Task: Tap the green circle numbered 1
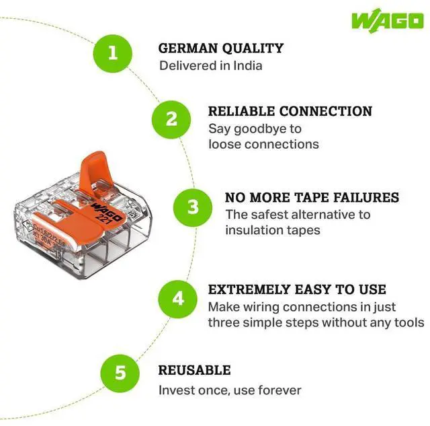tap(112, 53)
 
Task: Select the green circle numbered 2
tap(171, 118)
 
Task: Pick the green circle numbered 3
tap(193, 206)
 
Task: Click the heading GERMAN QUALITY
tap(220, 48)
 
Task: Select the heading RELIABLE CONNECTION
tap(290, 111)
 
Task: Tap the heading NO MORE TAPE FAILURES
tap(312, 197)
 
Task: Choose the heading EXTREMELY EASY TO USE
tap(297, 289)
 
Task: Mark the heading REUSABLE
tap(194, 370)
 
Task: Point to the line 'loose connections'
tap(263, 144)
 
